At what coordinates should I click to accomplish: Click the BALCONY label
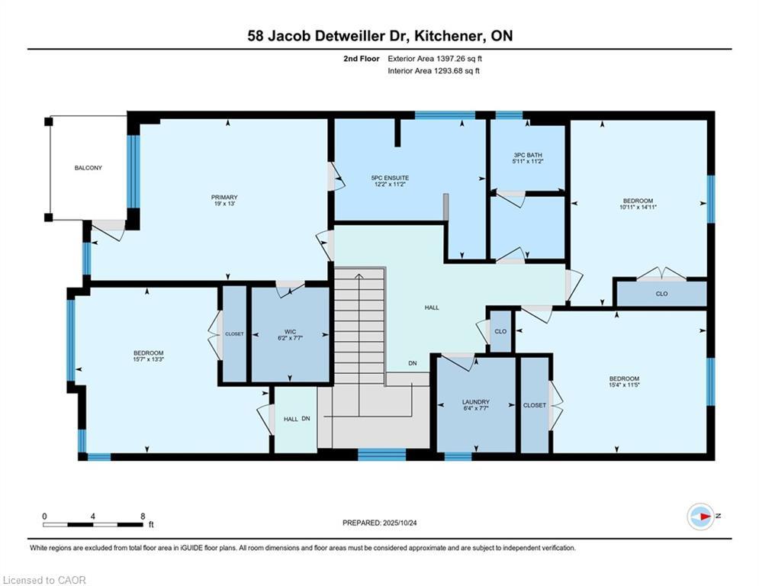[x=88, y=168]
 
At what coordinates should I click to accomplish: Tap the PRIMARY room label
[x=224, y=197]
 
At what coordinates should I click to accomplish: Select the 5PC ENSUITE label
[x=390, y=178]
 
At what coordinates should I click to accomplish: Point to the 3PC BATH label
[x=528, y=155]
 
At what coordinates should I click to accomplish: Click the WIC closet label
[x=290, y=332]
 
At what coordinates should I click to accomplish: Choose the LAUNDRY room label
[x=476, y=402]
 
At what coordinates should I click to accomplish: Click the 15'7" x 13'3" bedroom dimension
[x=149, y=359]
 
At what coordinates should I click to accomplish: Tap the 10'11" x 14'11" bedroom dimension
[x=638, y=207]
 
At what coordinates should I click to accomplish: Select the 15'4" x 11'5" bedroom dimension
[x=625, y=385]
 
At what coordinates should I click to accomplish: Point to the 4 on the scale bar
[x=92, y=517]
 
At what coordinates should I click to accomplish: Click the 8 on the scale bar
[x=143, y=517]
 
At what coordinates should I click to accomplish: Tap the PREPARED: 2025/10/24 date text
[x=380, y=523]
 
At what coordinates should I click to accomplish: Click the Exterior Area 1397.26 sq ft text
[x=435, y=59]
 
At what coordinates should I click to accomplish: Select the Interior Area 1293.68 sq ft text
[x=434, y=71]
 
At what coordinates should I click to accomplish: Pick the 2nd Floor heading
[x=362, y=59]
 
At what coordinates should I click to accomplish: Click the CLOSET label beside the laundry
[x=535, y=405]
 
